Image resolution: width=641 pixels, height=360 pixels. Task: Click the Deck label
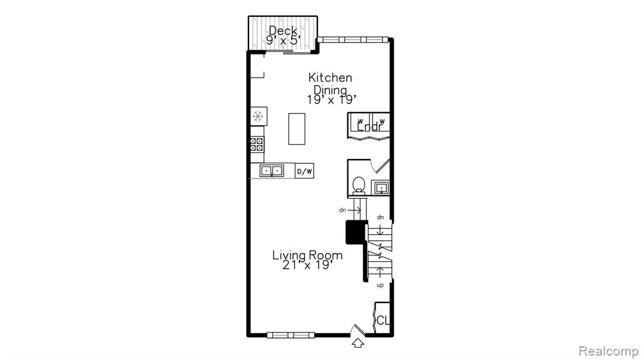pyautogui.click(x=283, y=31)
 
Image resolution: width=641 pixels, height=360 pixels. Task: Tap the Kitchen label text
pyautogui.click(x=330, y=77)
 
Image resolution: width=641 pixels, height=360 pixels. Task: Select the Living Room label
pyautogui.click(x=307, y=255)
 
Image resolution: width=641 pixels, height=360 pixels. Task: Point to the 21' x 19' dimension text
pyautogui.click(x=306, y=265)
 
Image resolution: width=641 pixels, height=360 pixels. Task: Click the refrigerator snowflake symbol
pyautogui.click(x=258, y=116)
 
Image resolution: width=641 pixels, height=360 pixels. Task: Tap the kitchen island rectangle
pyautogui.click(x=297, y=129)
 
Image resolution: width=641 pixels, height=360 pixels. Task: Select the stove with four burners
pyautogui.click(x=257, y=145)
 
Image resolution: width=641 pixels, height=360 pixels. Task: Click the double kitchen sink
pyautogui.click(x=272, y=170)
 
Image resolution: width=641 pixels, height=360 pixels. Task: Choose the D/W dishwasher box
pyautogui.click(x=304, y=171)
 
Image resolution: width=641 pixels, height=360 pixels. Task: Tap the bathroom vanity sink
pyautogui.click(x=381, y=188)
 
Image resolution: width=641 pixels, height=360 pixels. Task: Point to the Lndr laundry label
pyautogui.click(x=370, y=127)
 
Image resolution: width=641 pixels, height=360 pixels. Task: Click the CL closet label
pyautogui.click(x=382, y=321)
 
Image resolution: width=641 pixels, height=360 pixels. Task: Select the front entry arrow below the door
pyautogui.click(x=358, y=343)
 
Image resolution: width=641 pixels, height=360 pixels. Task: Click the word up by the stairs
pyautogui.click(x=380, y=285)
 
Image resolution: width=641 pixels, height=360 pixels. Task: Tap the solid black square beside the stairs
pyautogui.click(x=356, y=233)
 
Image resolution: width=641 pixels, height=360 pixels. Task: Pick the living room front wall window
pyautogui.click(x=290, y=336)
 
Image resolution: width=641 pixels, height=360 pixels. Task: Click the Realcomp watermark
pyautogui.click(x=608, y=351)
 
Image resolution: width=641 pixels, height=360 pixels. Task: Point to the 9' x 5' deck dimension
pyautogui.click(x=284, y=40)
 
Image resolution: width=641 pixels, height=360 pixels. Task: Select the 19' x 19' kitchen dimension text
pyautogui.click(x=332, y=100)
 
